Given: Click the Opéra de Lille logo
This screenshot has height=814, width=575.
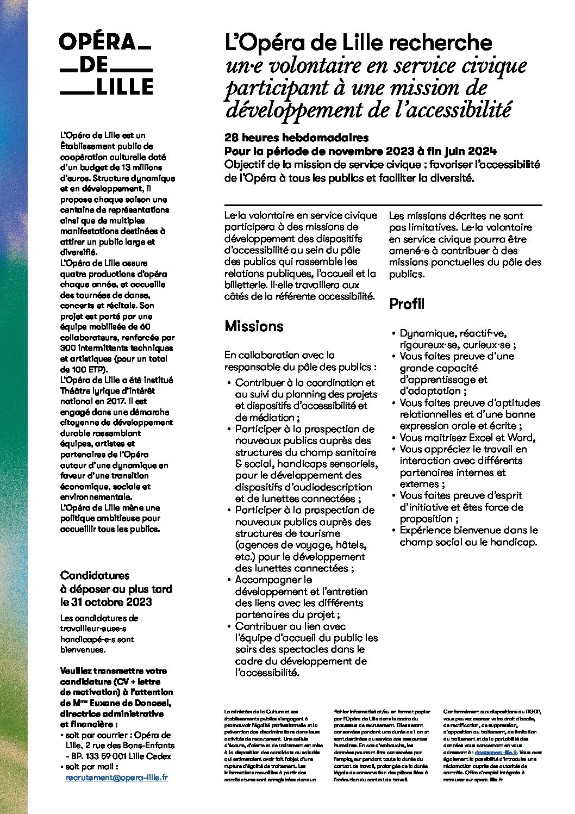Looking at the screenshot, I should (x=106, y=64).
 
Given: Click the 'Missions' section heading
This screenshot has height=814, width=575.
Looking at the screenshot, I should (x=254, y=326).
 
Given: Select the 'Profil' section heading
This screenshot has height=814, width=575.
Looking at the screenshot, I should (x=407, y=304).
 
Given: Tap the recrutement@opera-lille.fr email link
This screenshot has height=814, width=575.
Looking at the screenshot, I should (x=116, y=778).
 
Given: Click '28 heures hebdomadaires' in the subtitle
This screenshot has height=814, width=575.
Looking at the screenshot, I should (x=296, y=138).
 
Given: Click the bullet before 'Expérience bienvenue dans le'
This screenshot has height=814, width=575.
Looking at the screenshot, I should (x=393, y=531).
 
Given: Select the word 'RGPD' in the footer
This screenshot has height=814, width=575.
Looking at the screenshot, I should (x=531, y=711).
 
